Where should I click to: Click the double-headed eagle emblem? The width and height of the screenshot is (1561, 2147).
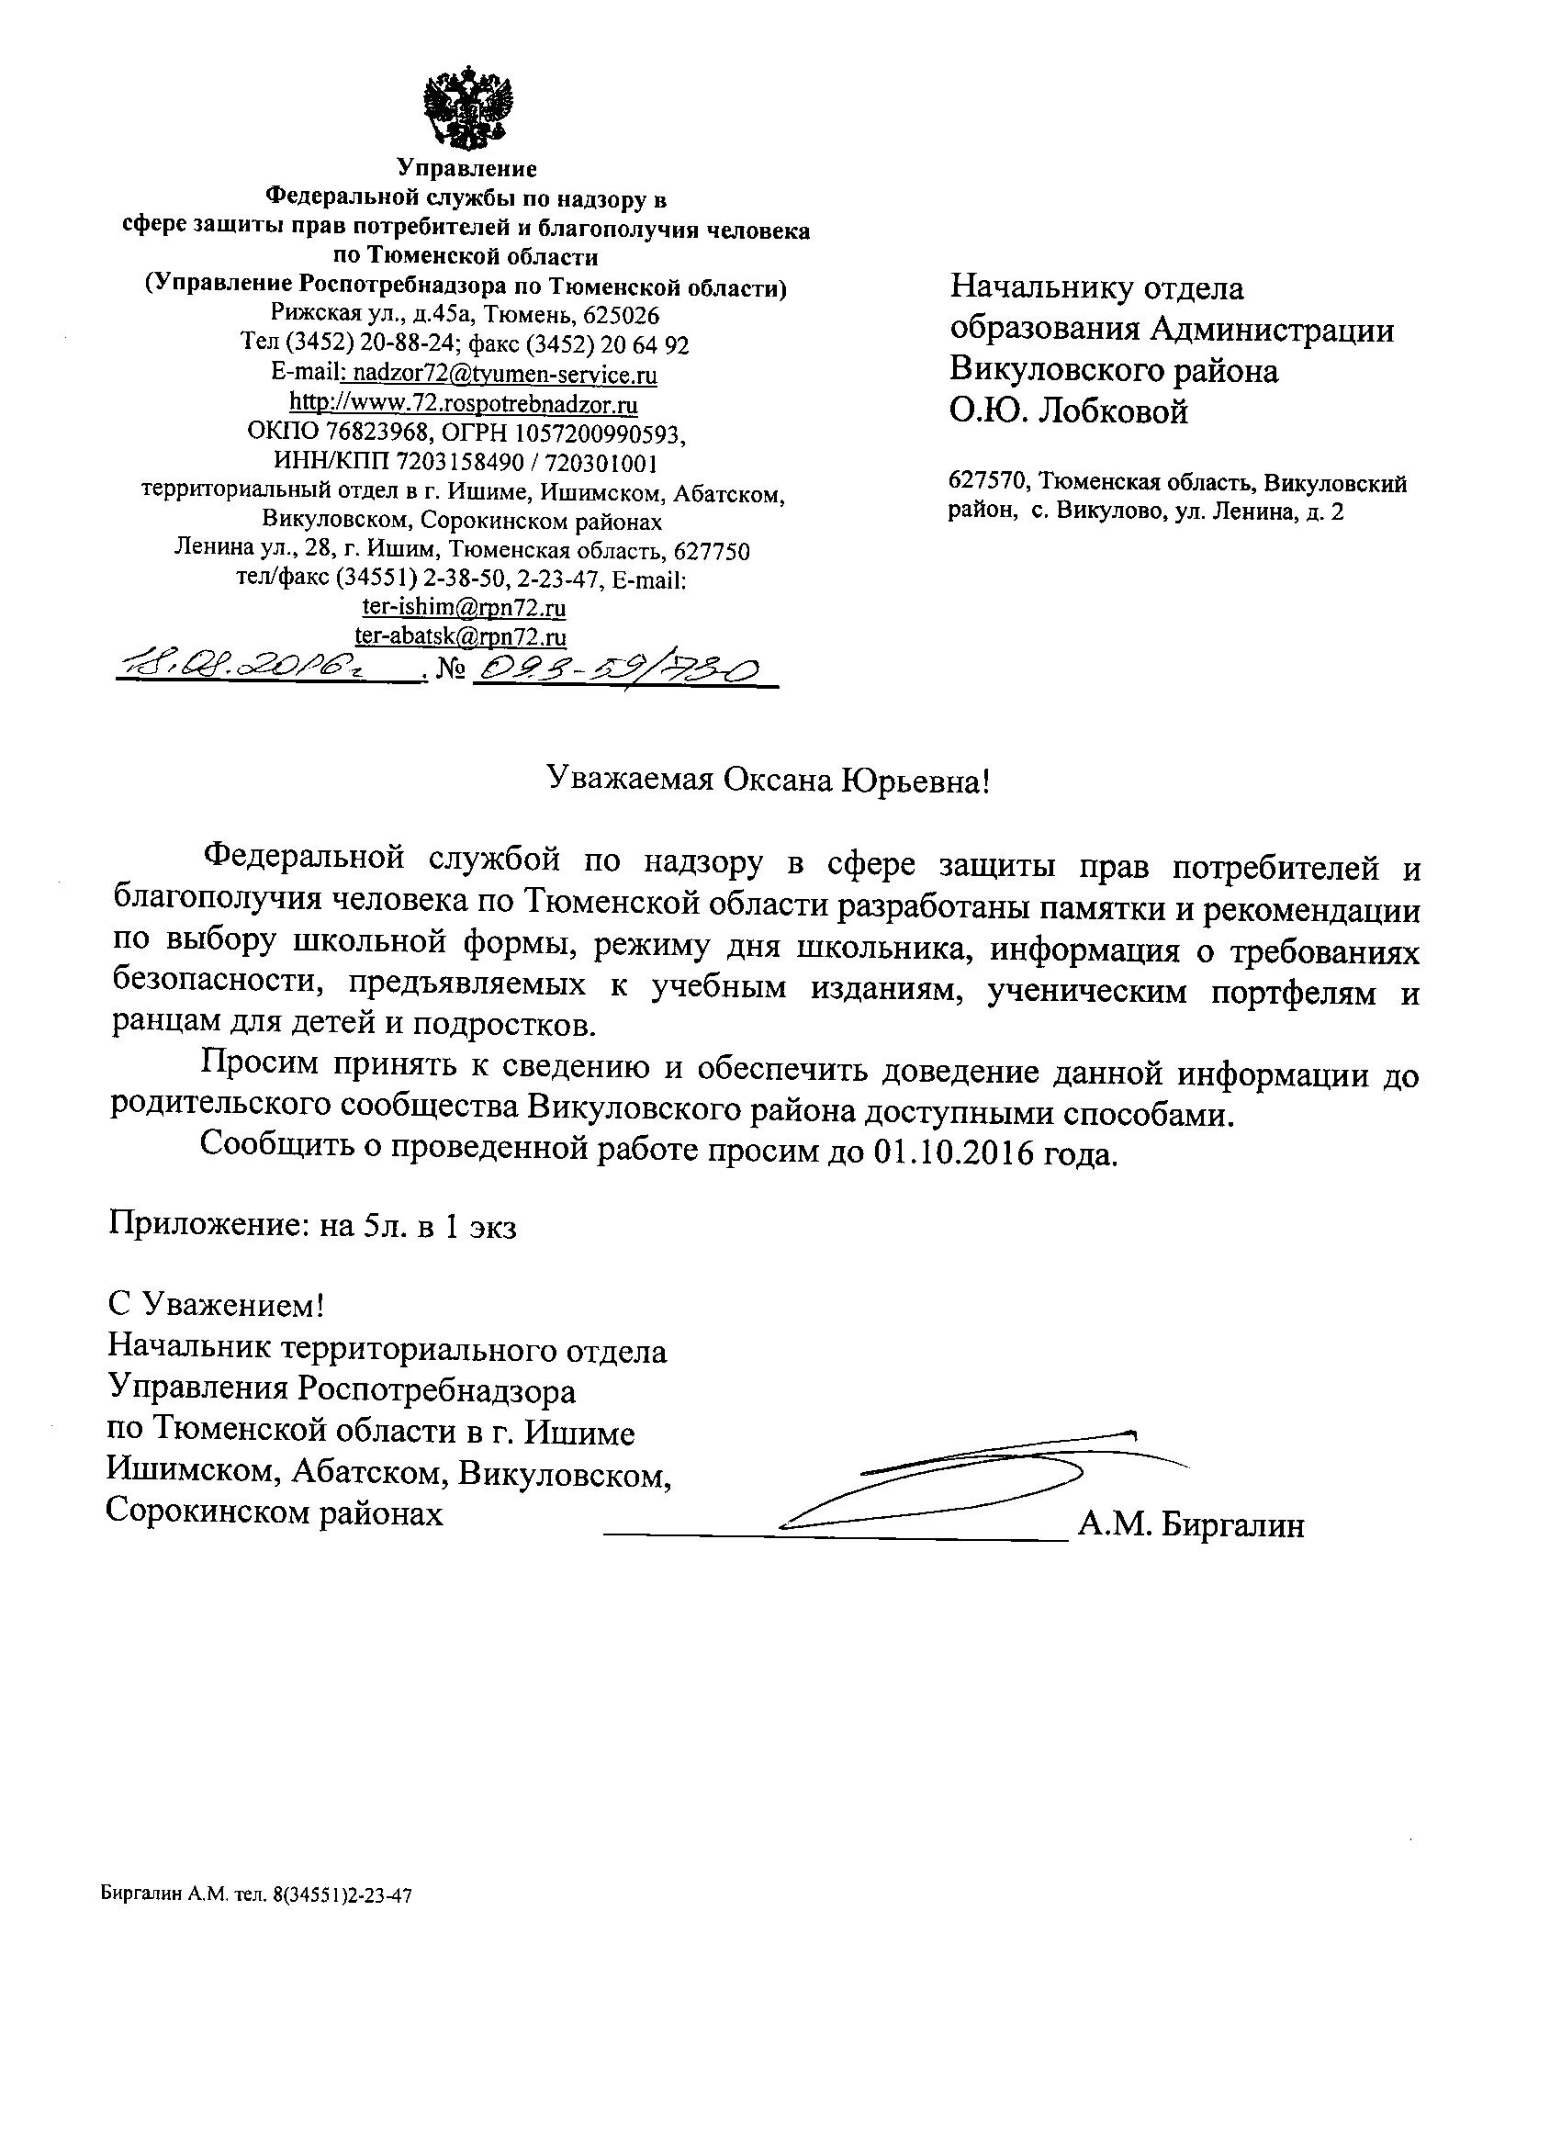pyautogui.click(x=466, y=106)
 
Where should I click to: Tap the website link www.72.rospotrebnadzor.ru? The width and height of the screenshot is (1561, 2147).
pyautogui.click(x=464, y=405)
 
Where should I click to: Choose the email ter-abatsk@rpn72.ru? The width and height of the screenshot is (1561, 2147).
pyautogui.click(x=460, y=636)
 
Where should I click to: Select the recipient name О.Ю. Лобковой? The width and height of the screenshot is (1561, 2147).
pyautogui.click(x=1069, y=411)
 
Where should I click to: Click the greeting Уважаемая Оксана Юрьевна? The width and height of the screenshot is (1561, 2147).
pyautogui.click(x=769, y=780)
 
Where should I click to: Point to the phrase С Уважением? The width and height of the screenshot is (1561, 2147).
pyautogui.click(x=217, y=1307)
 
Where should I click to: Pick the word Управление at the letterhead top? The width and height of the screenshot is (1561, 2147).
pyautogui.click(x=466, y=168)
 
